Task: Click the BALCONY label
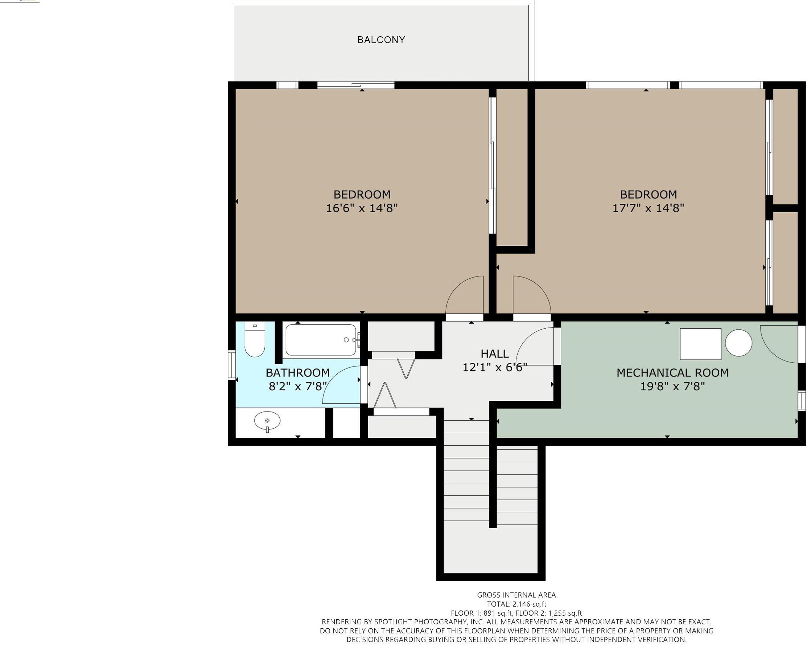click(381, 39)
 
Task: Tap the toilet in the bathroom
click(255, 339)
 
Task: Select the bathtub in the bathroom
click(321, 340)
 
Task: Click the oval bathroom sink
click(267, 421)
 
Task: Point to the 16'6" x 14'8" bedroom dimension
click(362, 208)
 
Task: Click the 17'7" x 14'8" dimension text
click(648, 208)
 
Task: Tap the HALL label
click(494, 353)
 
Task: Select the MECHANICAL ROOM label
click(673, 373)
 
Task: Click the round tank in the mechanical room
click(738, 342)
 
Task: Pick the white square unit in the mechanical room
click(700, 344)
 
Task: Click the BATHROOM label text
click(297, 373)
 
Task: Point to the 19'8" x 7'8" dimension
click(673, 386)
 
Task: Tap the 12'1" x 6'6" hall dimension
click(495, 367)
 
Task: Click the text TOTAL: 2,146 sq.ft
click(516, 604)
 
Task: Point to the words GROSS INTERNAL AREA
click(516, 595)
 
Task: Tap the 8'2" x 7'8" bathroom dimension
click(297, 386)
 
